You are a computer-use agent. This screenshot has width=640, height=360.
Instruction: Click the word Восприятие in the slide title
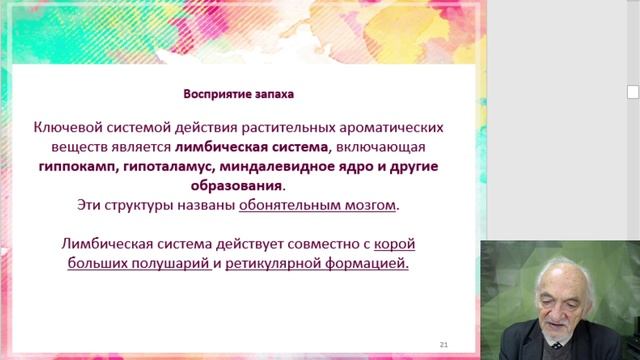coord(214,95)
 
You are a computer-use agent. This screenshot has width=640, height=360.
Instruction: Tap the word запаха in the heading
coord(272,95)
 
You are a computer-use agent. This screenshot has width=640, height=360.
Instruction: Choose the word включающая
coord(387,148)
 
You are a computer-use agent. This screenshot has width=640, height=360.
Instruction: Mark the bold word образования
coord(237,186)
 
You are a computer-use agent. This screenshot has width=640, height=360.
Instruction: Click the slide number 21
coord(443,344)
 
